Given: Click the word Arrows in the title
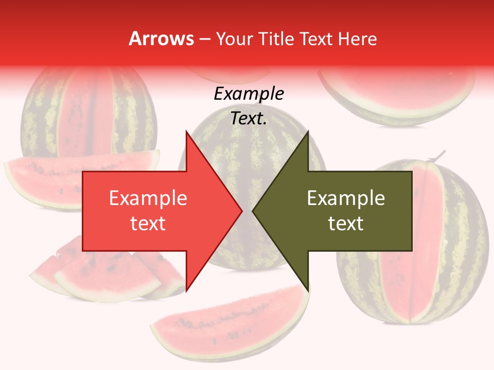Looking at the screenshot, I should point(161,39).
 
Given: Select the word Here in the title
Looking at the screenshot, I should point(358,39).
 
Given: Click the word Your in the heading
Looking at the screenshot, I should point(235,39).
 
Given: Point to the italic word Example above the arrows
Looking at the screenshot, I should point(249,94).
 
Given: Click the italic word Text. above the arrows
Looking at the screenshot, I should point(249,119).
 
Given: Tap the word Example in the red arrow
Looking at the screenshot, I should point(148,198).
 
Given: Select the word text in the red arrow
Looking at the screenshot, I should point(148,224).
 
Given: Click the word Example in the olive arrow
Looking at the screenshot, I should point(346,198).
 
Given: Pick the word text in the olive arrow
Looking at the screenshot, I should point(346,224).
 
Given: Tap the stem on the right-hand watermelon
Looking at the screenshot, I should point(438,155).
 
